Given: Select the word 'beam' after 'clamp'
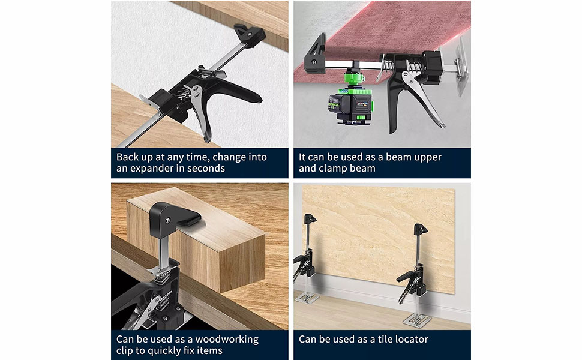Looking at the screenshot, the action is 362,169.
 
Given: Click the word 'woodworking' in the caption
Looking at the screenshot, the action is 227,340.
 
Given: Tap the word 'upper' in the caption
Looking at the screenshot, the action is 428,158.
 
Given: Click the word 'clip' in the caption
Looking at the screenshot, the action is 124,351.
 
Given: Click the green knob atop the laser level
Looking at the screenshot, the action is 353,77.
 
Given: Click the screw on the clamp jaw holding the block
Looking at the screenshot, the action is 168,221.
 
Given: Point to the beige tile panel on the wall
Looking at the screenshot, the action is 379,238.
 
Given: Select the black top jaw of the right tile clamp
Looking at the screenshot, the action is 420,229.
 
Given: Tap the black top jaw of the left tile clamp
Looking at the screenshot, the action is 310,218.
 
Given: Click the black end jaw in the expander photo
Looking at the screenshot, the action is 250,35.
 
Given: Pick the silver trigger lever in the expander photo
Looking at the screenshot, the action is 201,112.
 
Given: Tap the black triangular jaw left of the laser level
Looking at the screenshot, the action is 315,54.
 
